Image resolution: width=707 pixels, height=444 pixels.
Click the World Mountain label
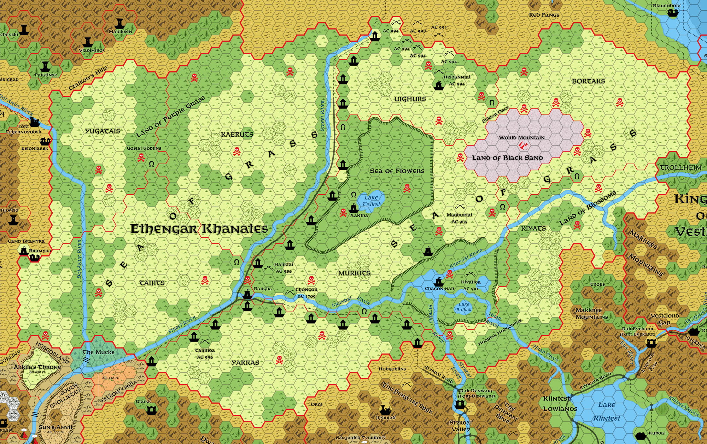point(521,137)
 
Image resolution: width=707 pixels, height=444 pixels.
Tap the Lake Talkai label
point(371,201)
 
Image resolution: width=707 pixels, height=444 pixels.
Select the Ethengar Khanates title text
point(199,229)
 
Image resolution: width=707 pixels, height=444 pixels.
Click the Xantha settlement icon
point(353,208)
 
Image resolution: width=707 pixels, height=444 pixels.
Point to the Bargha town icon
point(247,293)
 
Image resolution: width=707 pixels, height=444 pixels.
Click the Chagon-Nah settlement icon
point(439,282)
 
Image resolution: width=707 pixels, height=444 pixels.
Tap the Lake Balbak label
point(464,307)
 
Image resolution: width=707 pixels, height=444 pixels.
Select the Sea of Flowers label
point(397,171)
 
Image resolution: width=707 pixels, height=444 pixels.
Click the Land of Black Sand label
point(507,158)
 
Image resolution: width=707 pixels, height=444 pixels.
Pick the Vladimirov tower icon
point(88,42)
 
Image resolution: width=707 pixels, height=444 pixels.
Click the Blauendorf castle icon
point(673,13)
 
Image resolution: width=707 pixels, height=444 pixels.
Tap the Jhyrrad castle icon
point(385,410)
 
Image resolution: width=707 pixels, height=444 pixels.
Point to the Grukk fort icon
point(151,410)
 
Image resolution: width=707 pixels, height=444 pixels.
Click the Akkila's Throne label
point(37,367)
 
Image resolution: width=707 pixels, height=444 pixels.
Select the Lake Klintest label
point(607,412)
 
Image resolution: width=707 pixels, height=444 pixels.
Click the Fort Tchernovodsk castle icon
point(34,122)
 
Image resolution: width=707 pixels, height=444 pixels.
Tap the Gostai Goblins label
point(144,148)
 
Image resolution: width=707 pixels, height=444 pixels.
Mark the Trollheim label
point(681,167)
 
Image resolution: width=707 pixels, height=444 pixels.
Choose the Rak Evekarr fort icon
point(651,342)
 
